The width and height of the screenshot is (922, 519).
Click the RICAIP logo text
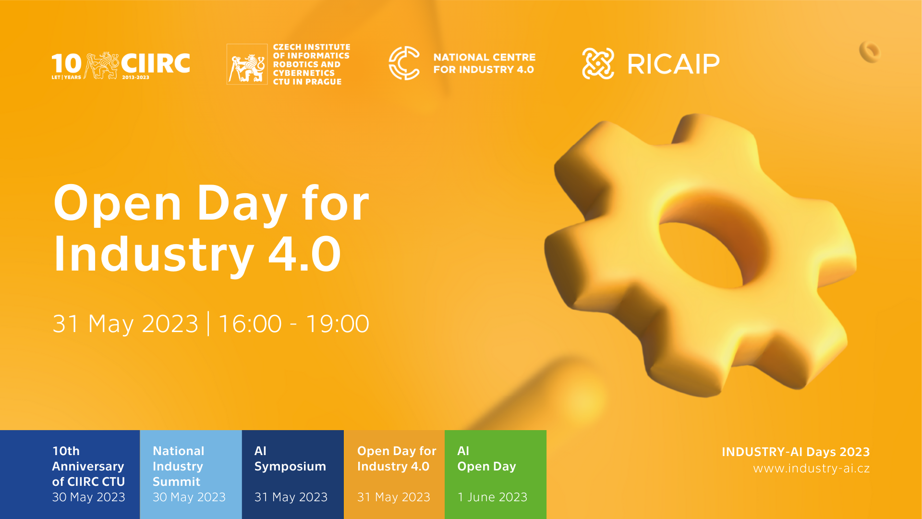[x=673, y=64]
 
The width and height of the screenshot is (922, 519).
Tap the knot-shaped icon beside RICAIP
[x=598, y=63]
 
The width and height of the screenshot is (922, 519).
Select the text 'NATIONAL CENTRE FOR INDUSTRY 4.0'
[x=484, y=63]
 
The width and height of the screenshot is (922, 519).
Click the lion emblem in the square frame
[x=247, y=64]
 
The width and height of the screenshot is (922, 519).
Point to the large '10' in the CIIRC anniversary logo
[x=66, y=64]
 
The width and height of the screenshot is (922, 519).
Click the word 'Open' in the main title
[x=118, y=204]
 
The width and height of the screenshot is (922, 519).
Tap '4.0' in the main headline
[x=304, y=253]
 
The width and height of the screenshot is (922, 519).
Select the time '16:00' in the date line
[x=250, y=323]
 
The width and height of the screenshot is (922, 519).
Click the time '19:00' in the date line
[x=338, y=323]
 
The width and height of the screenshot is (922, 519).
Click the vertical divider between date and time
[x=208, y=323]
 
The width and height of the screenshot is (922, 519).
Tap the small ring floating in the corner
[x=870, y=52]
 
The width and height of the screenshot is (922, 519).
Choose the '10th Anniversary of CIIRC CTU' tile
[x=70, y=474]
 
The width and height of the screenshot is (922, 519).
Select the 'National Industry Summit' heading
[x=178, y=466]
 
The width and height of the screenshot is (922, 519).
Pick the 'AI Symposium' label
[x=290, y=458]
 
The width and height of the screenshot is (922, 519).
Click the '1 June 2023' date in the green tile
[x=492, y=497]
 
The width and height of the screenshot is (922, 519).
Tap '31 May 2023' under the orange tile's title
[x=394, y=497]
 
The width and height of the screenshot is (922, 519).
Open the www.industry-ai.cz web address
[x=812, y=469]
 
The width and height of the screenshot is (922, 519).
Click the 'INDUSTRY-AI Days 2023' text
[x=796, y=452]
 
